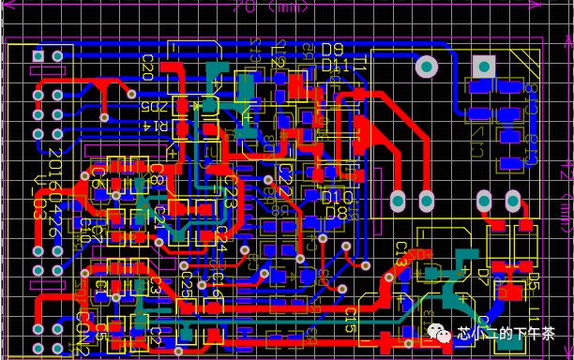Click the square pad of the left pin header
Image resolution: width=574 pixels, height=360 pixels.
[x=38, y=56]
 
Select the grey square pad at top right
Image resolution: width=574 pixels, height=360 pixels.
[x=484, y=66]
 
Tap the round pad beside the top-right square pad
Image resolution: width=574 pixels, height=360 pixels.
[x=426, y=67]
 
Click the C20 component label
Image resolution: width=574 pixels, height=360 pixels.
[x=147, y=66]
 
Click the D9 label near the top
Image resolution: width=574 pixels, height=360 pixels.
[x=333, y=50]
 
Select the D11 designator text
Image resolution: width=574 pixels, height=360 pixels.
[x=335, y=65]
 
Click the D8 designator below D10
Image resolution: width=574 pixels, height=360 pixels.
[x=335, y=213]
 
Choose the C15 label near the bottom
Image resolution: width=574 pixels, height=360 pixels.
[x=349, y=322]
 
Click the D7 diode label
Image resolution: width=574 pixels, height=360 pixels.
[x=484, y=277]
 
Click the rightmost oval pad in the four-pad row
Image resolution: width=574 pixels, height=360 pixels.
[x=513, y=200]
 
